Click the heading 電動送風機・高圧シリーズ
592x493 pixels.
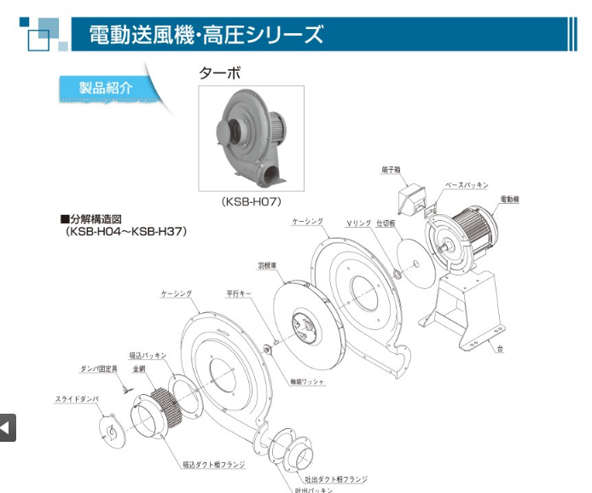click(x=207, y=34)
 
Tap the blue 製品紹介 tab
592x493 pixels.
click(x=107, y=87)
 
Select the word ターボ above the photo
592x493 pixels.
click(x=220, y=73)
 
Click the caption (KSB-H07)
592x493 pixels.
click(x=251, y=202)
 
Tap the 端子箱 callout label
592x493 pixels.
click(x=392, y=170)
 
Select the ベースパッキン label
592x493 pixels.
click(x=466, y=184)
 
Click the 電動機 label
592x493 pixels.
click(x=510, y=198)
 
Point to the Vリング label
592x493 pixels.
click(x=358, y=223)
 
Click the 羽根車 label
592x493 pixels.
click(x=267, y=265)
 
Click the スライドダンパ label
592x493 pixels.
click(x=78, y=399)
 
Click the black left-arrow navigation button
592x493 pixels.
click(x=7, y=427)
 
